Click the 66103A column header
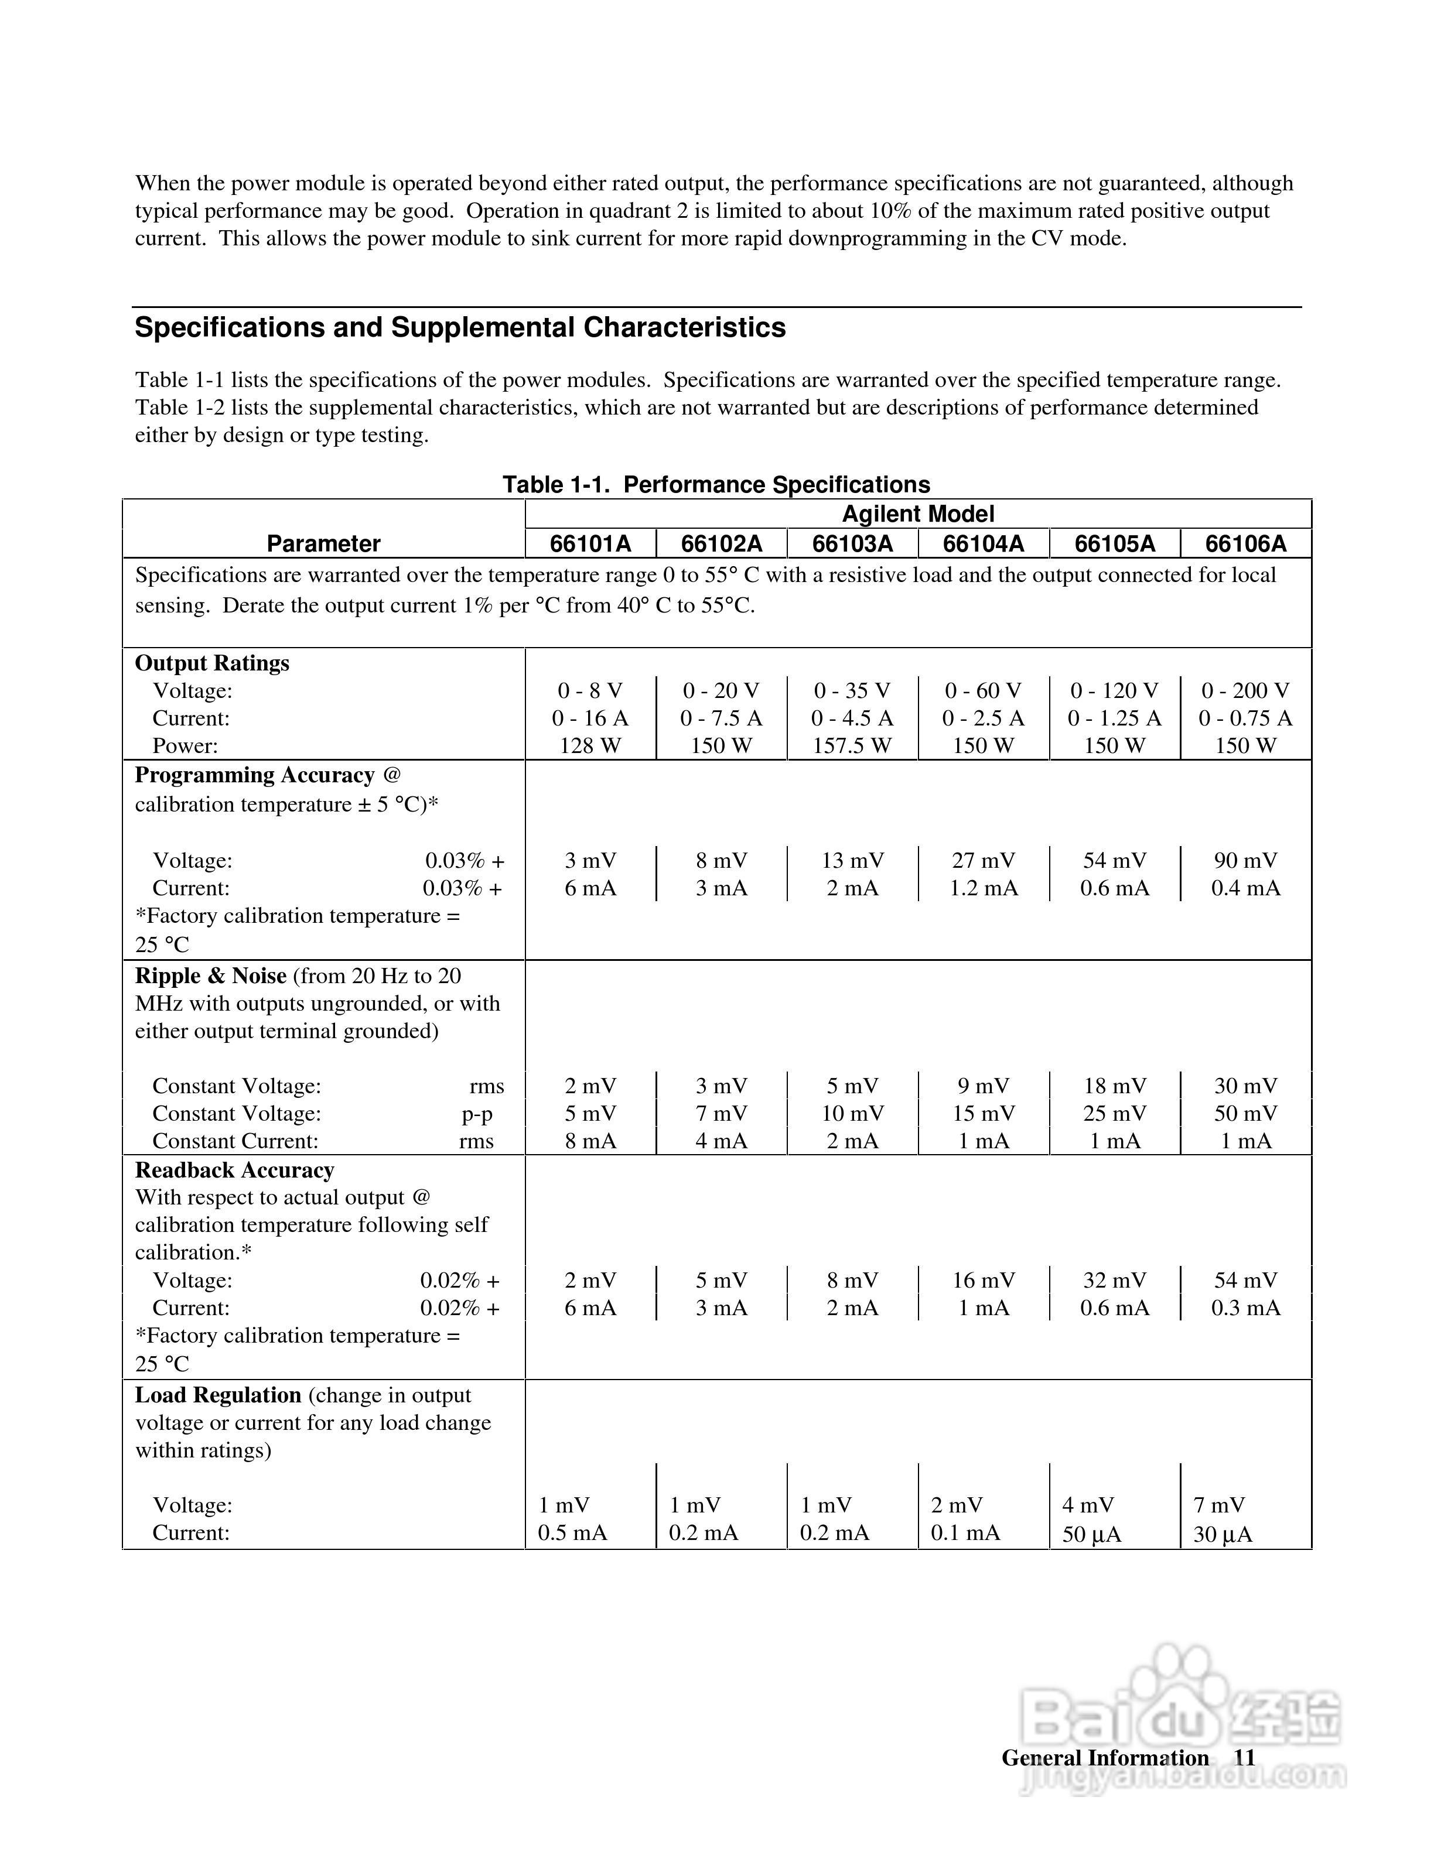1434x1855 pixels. (852, 543)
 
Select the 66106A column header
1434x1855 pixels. (1245, 543)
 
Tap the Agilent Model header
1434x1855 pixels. (917, 514)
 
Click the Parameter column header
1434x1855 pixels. (324, 543)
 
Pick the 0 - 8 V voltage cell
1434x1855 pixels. (590, 690)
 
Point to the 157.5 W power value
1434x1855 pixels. (852, 746)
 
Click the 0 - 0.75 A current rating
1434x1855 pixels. (1245, 718)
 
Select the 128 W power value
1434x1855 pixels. (590, 746)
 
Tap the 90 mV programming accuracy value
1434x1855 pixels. (1245, 860)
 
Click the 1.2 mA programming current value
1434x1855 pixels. (983, 888)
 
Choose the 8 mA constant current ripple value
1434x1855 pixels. (590, 1141)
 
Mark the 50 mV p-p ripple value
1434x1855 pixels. (1245, 1114)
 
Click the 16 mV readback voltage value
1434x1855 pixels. (983, 1280)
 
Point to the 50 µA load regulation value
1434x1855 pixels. (1092, 1535)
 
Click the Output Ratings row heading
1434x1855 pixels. (213, 663)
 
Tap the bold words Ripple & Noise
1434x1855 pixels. (211, 976)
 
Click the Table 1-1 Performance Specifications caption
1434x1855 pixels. (716, 485)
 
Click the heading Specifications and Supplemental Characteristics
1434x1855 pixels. (460, 328)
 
